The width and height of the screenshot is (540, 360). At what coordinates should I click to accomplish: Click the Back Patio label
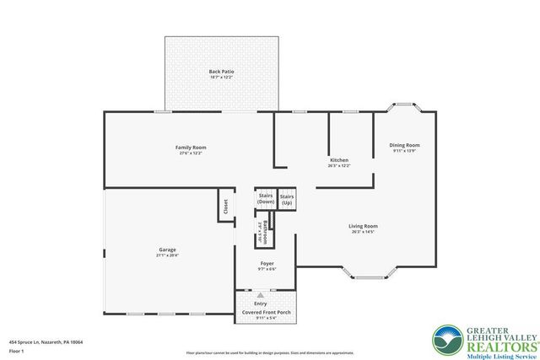(221, 73)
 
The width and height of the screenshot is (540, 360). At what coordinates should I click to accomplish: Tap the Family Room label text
(191, 148)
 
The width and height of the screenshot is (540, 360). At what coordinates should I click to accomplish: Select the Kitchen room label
(339, 160)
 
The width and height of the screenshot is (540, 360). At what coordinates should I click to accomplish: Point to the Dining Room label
(405, 145)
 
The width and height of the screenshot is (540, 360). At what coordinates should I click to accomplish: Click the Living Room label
(363, 226)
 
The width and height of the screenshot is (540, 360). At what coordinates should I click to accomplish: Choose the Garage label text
(167, 250)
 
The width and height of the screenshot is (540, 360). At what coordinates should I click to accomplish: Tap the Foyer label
(267, 264)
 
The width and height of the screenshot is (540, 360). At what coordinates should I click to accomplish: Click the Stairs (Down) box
(266, 199)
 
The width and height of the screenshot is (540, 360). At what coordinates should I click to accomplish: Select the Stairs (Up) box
(287, 200)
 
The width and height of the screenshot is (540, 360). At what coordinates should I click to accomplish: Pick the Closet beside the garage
(225, 205)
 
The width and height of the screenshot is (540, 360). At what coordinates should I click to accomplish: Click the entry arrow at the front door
(261, 296)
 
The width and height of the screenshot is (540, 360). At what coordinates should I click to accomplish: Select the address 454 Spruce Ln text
(46, 342)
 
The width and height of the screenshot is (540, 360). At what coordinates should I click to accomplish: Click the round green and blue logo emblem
(445, 340)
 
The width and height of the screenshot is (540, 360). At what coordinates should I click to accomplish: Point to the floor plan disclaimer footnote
(270, 352)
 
